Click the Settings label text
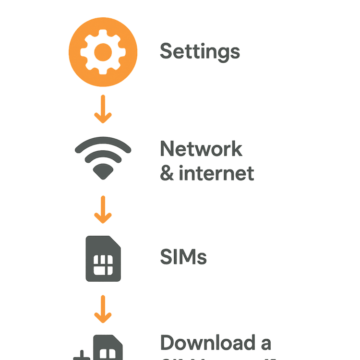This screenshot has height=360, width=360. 200,51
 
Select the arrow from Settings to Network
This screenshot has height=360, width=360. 103,109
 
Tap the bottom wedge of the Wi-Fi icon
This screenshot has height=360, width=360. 103,172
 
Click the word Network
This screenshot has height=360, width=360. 201,149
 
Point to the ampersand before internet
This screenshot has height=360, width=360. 167,173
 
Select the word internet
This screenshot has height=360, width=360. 216,173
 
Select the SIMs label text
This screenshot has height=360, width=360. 183,258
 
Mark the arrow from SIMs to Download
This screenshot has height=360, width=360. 103,310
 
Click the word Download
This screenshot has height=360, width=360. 208,343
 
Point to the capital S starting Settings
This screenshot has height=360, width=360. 166,51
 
